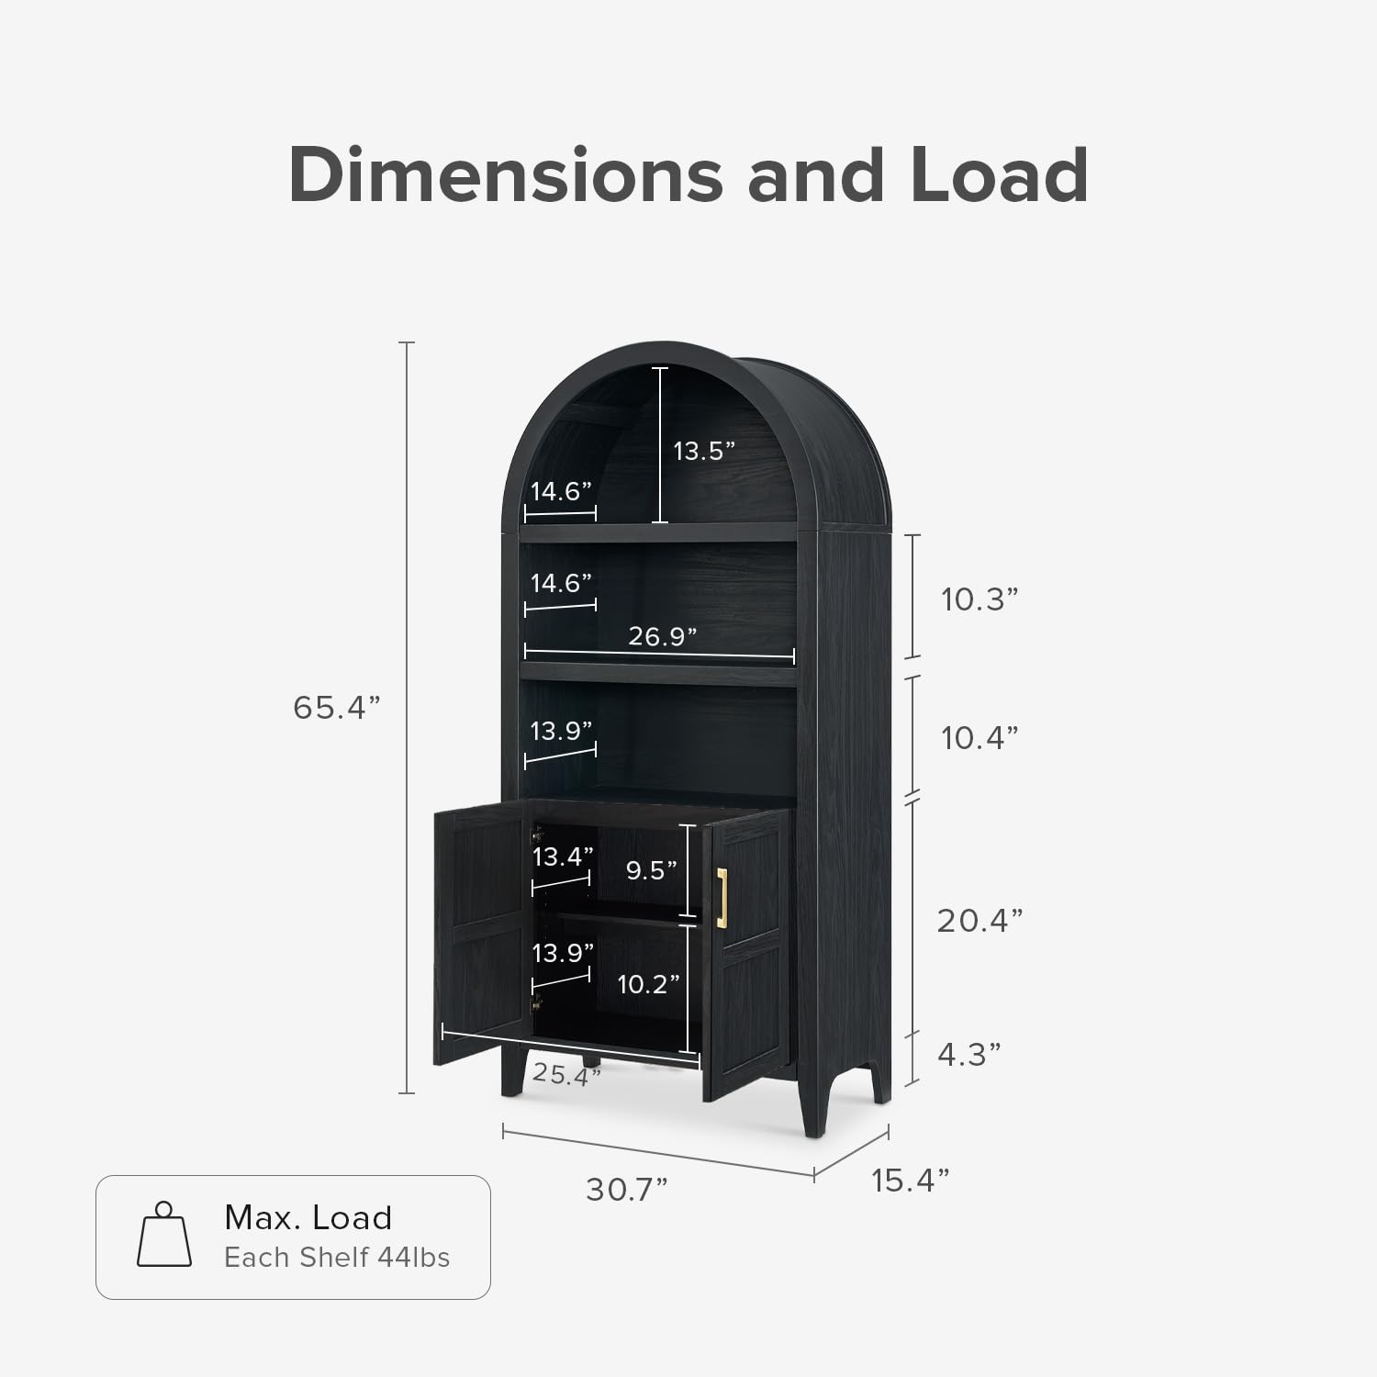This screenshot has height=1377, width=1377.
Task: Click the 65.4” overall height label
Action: [336, 708]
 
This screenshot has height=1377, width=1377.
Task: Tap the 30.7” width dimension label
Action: [627, 1190]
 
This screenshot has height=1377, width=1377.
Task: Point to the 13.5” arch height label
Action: [705, 451]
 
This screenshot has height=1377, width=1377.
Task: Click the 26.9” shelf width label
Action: [663, 635]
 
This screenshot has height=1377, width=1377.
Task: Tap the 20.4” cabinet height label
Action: [980, 920]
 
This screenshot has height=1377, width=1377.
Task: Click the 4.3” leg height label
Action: [968, 1055]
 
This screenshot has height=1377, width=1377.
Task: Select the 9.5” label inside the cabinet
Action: [652, 870]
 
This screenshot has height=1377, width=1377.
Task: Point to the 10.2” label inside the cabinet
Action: [648, 984]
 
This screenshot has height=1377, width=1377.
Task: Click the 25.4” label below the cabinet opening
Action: [566, 1074]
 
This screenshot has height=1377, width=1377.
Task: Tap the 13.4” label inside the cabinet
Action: [563, 856]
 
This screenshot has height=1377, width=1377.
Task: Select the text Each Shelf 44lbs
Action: [337, 1258]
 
